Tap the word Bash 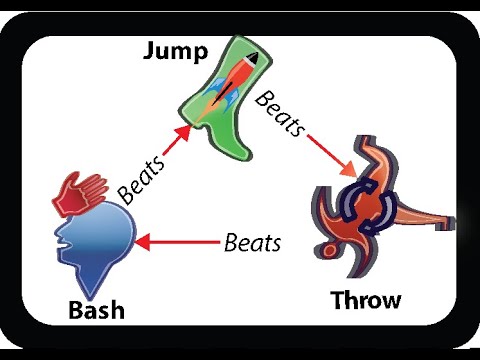[x=96, y=310]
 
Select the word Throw [x=365, y=299]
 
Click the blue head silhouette [x=96, y=246]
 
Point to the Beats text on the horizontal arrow [x=252, y=241]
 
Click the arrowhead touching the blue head [x=142, y=242]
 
